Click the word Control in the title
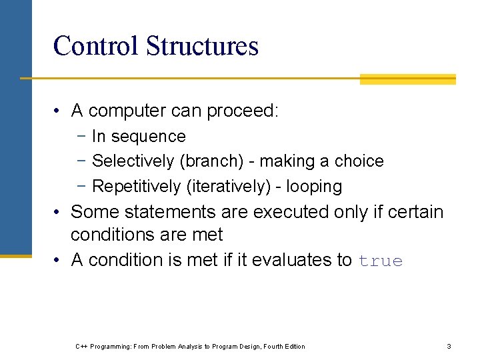(x=95, y=46)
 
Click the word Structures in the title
(x=201, y=46)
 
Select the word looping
(x=314, y=187)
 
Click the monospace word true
(x=381, y=261)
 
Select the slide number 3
(x=449, y=346)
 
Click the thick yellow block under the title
(x=407, y=80)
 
